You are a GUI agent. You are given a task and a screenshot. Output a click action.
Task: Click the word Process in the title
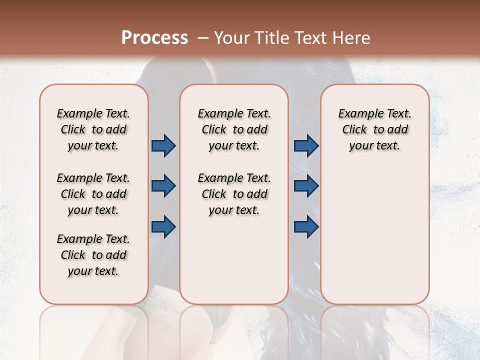point(154,38)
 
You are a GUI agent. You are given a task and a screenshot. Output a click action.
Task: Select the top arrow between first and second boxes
point(163,146)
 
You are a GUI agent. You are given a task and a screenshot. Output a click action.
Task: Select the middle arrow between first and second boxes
point(163,186)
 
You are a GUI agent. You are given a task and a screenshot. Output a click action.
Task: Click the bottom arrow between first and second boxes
point(163,226)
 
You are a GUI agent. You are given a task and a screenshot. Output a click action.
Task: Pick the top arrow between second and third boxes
point(306,146)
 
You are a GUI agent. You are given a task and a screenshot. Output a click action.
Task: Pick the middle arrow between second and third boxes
point(306,186)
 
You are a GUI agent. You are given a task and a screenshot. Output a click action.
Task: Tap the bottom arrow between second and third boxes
point(306,226)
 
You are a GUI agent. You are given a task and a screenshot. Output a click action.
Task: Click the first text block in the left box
point(93,129)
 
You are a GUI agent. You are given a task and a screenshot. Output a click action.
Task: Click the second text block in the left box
point(93,194)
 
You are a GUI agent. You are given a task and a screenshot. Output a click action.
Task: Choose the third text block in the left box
point(93,255)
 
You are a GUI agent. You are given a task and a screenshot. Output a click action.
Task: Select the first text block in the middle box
point(234,129)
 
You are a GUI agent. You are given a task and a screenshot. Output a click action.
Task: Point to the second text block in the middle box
point(234,194)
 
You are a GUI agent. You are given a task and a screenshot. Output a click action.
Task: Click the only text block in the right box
point(374,129)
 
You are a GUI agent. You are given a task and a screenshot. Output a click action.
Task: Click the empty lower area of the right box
point(374,240)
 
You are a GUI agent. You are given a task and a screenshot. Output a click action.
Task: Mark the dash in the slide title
point(203,38)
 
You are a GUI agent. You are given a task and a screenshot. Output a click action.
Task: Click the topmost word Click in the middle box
point(214,130)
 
